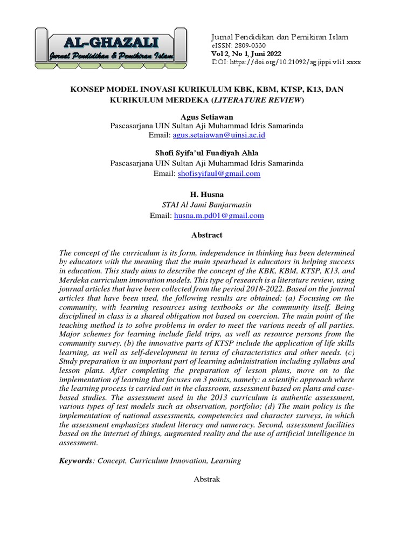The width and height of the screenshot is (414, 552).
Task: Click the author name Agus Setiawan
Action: click(x=206, y=116)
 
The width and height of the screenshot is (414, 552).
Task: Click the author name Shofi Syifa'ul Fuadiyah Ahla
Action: click(x=206, y=154)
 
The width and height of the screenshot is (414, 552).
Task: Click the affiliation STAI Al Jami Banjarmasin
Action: click(x=206, y=205)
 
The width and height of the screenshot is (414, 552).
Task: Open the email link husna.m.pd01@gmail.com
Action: click(x=218, y=216)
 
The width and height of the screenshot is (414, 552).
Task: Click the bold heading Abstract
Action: click(x=206, y=235)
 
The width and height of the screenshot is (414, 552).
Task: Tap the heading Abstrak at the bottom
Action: click(x=206, y=479)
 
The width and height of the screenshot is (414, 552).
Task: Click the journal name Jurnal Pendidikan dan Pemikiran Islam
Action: click(x=279, y=37)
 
